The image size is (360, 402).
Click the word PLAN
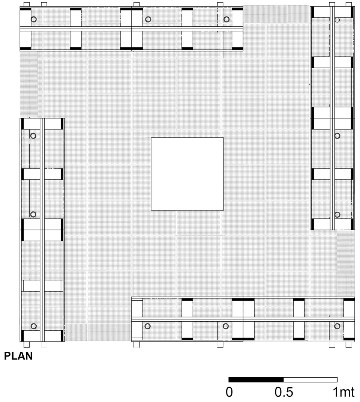tap(18, 356)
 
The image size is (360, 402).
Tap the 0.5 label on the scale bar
tap(284, 392)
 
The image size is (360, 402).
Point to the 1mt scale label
tap(343, 392)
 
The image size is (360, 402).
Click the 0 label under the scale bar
tap(229, 392)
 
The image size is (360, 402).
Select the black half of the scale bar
tap(256, 380)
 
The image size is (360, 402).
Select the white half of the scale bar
tap(310, 380)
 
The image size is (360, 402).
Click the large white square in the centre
tap(187, 174)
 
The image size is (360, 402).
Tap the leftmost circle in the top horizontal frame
tap(34, 19)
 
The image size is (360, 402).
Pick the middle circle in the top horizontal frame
tap(148, 19)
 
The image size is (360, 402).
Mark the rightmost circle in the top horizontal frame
tap(226, 19)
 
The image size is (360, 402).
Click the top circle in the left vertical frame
tap(33, 136)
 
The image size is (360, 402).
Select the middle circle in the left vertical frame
tap(33, 214)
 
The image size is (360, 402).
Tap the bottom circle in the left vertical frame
tap(34, 326)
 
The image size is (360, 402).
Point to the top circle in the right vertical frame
tap(337, 20)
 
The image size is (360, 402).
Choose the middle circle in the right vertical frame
tap(337, 136)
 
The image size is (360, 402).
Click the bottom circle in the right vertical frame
tap(337, 214)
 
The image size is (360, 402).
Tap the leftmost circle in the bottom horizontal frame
tap(147, 326)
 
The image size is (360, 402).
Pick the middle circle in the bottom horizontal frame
tap(225, 326)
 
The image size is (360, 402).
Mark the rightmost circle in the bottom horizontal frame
tap(337, 326)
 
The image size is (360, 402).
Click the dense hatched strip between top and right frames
tap(277, 14)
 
